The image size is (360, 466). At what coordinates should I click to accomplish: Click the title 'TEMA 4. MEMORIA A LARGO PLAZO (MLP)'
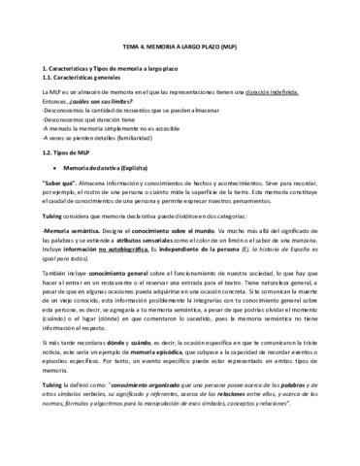click(x=179, y=46)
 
